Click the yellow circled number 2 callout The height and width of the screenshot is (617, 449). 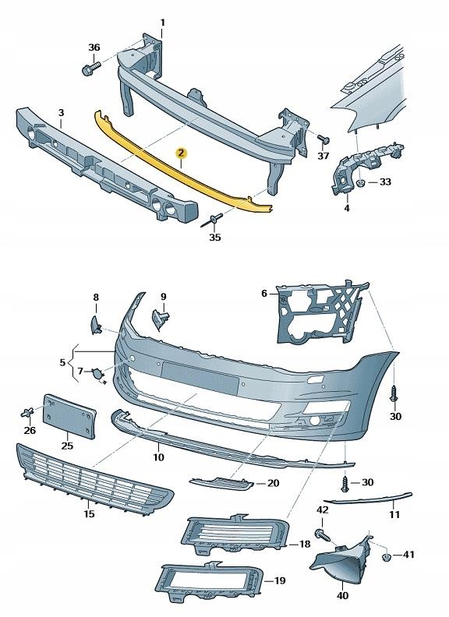181,154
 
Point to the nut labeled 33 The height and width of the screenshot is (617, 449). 362,182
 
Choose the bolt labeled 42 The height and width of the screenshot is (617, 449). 321,534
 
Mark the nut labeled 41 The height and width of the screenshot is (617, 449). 386,555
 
